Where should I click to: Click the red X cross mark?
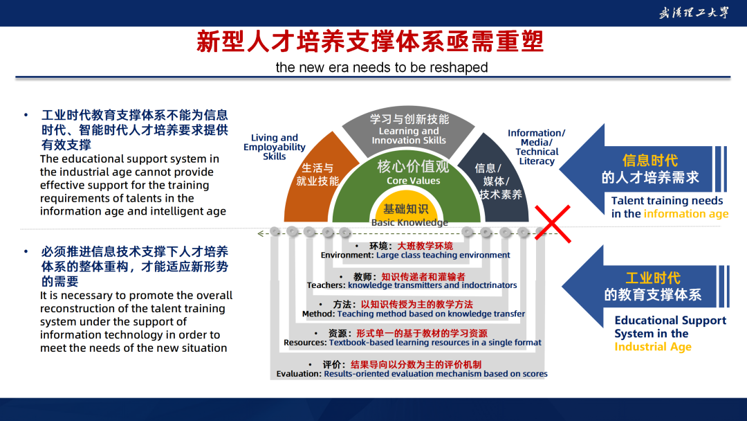pyautogui.click(x=553, y=224)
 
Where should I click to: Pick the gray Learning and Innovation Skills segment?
pyautogui.click(x=408, y=129)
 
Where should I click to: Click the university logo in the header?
pyautogui.click(x=694, y=13)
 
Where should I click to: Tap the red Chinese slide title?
pyautogui.click(x=370, y=42)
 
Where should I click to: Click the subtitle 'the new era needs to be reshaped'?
pyautogui.click(x=382, y=67)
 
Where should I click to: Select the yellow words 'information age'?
pyautogui.click(x=686, y=213)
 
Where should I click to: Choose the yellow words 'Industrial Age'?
pyautogui.click(x=653, y=347)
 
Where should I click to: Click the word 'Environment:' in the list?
pyautogui.click(x=347, y=255)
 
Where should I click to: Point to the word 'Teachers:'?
pyautogui.click(x=326, y=285)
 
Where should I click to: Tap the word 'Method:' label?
pyautogui.click(x=319, y=314)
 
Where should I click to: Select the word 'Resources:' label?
pyautogui.click(x=306, y=342)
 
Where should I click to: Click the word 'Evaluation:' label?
pyautogui.click(x=299, y=374)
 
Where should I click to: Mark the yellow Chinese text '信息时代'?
pyautogui.click(x=649, y=161)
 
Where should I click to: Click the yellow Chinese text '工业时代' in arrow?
pyautogui.click(x=653, y=278)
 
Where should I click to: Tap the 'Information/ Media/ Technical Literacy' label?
pyautogui.click(x=537, y=147)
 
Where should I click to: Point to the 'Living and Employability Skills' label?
pyautogui.click(x=275, y=147)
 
